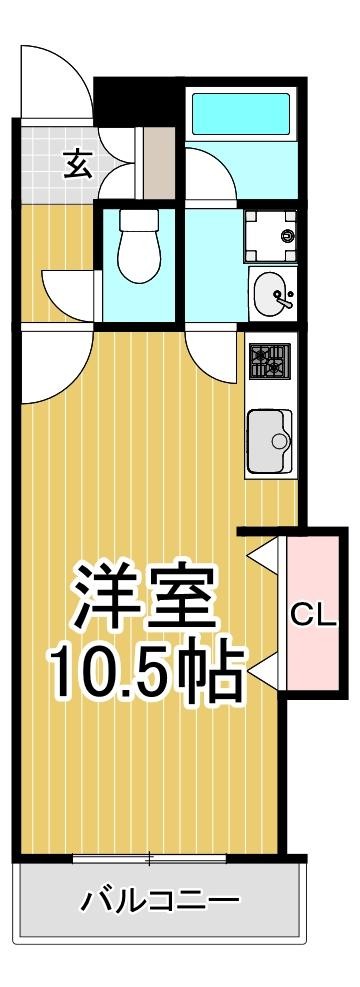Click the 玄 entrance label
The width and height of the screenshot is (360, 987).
(x=78, y=161)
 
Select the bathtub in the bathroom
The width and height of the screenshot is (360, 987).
(x=239, y=117)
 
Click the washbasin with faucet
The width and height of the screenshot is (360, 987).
(x=271, y=294)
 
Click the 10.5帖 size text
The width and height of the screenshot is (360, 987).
(x=147, y=675)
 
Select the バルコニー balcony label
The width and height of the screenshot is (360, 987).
(x=160, y=899)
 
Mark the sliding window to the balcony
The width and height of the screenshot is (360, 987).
(x=150, y=857)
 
